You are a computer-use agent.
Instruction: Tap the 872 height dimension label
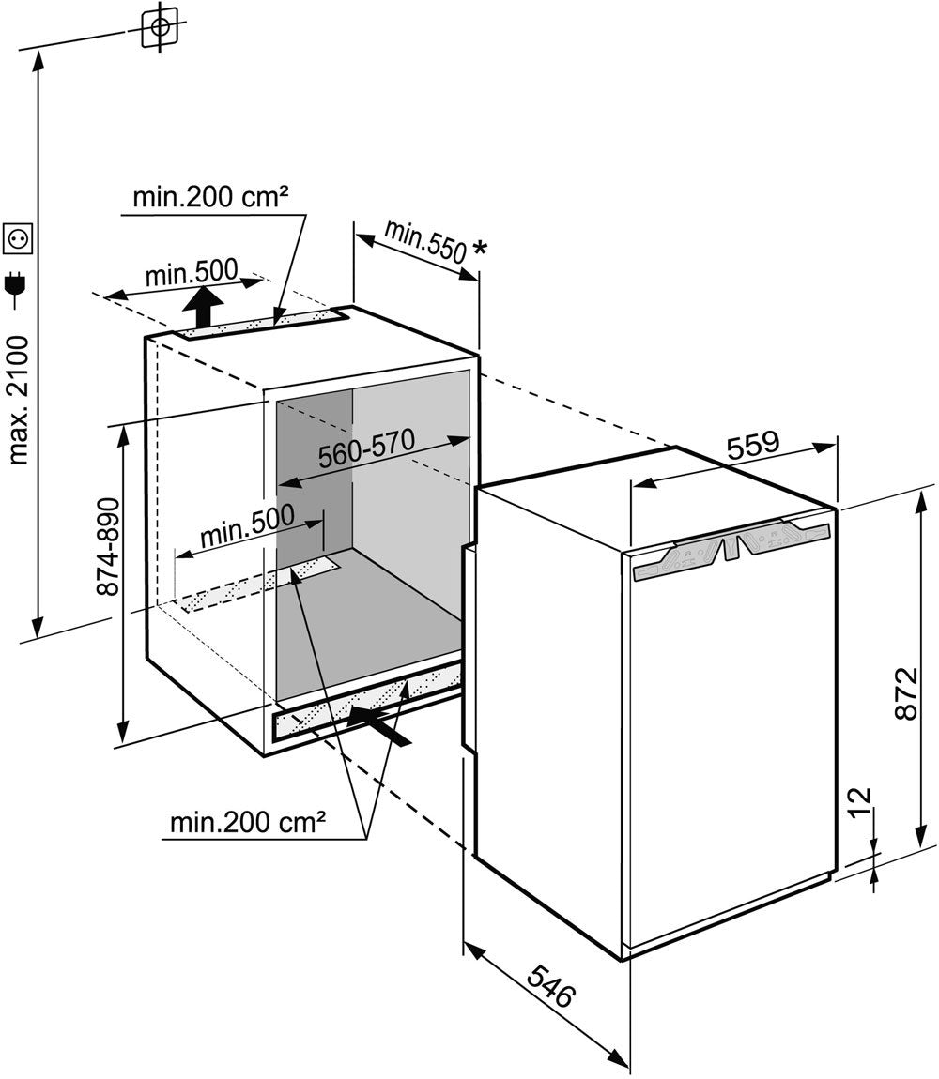coord(903,694)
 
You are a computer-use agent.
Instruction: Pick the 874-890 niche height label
coord(109,547)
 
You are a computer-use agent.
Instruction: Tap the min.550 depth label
coord(424,241)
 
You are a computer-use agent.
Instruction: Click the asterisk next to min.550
coord(481,249)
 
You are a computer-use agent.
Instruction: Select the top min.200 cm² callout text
coord(209,198)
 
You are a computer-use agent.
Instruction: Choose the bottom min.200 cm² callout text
coord(248,824)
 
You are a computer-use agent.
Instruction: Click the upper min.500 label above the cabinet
coord(192,274)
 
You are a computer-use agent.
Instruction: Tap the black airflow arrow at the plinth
coord(379,724)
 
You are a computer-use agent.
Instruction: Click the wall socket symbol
coord(19,241)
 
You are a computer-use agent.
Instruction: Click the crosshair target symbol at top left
coord(161,28)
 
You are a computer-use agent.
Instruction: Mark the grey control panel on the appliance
coord(732,552)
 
